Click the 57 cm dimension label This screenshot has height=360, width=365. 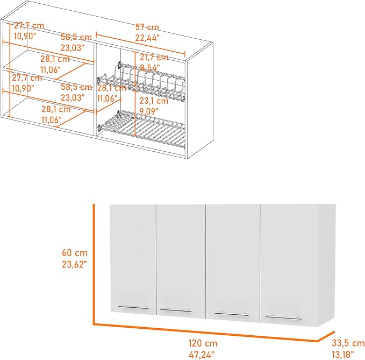coord(147,27)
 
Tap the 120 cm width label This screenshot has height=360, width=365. coord(203,343)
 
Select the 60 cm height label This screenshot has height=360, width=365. coord(75,253)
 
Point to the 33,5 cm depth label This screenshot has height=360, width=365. coord(348,343)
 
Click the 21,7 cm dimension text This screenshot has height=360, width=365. coord(154,57)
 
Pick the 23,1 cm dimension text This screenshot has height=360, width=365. coord(154,101)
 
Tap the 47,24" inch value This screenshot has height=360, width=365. coord(201,355)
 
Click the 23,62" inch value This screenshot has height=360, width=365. coord(74,264)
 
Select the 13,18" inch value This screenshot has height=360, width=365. coord(342,355)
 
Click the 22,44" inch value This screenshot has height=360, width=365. coord(147,38)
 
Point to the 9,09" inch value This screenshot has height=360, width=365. coord(149,111)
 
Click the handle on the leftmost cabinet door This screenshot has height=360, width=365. coord(133,308)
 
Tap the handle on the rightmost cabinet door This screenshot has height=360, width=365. coord(283,317)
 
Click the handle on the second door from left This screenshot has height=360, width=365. coord(176,310)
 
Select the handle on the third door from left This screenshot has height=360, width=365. coord(232,314)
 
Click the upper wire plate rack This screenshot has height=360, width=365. coord(141,82)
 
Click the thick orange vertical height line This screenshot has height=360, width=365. coord(94,264)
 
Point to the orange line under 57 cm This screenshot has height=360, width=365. coord(141,45)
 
